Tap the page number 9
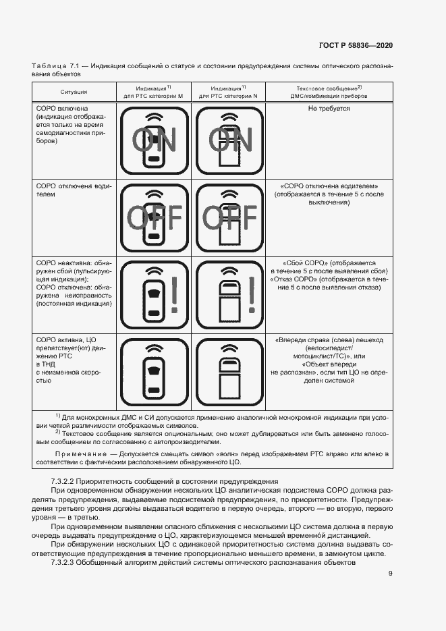(x=391, y=574)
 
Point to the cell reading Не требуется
(x=329, y=108)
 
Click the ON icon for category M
(x=154, y=140)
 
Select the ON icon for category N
(x=229, y=140)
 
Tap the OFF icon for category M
(x=154, y=217)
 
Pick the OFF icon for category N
(x=229, y=217)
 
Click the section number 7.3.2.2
(x=65, y=479)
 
